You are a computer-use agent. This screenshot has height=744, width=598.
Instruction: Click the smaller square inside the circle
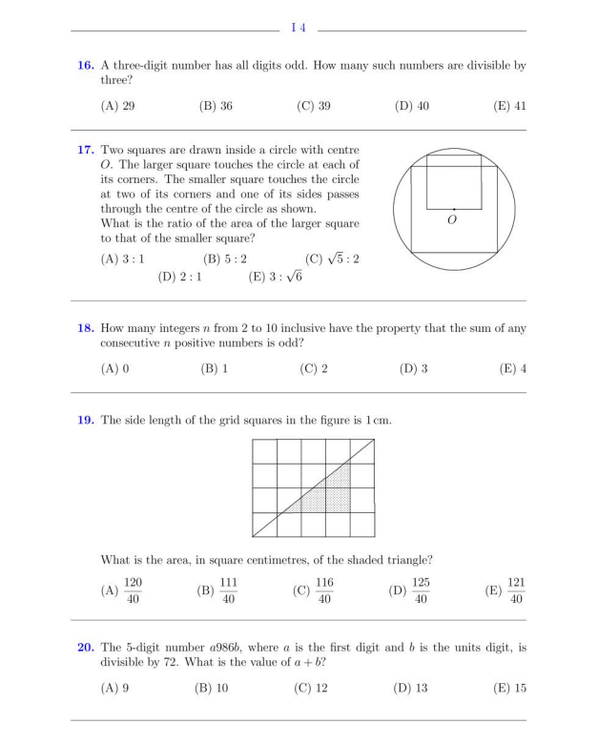click(x=454, y=181)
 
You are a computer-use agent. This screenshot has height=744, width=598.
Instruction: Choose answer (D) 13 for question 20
click(x=410, y=688)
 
